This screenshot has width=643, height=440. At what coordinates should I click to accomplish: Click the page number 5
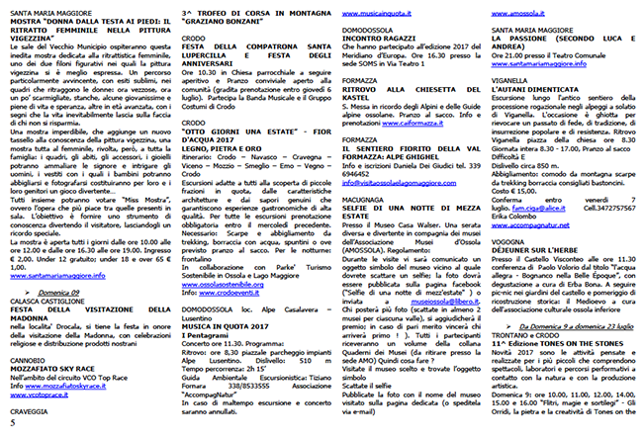12,422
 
